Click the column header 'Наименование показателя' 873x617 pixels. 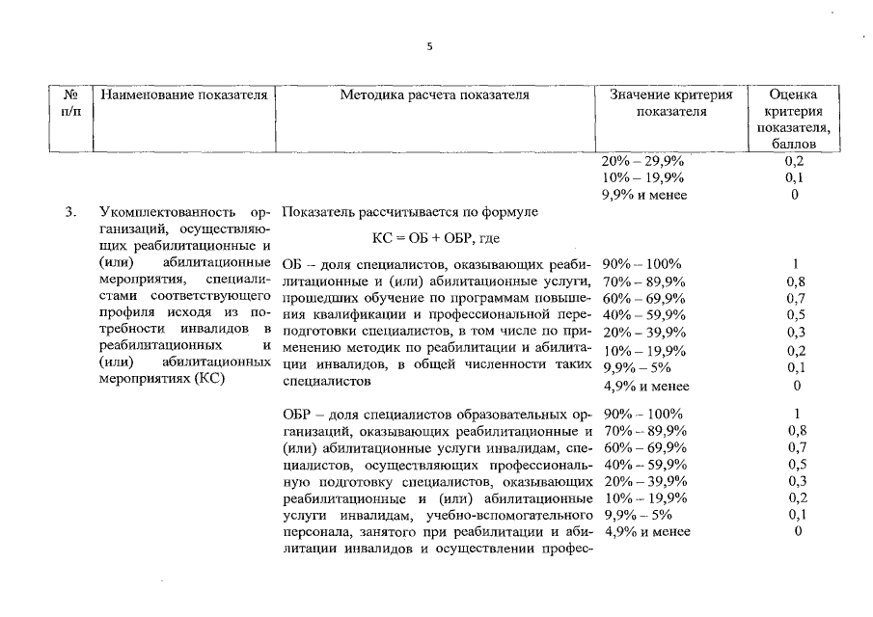tap(183, 95)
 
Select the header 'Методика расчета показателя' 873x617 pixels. tap(434, 95)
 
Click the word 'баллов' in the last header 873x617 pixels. tap(794, 145)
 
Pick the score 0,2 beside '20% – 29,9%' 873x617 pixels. tap(795, 161)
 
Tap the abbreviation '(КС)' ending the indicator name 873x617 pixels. tap(211, 379)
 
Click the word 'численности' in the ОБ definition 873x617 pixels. tap(505, 364)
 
